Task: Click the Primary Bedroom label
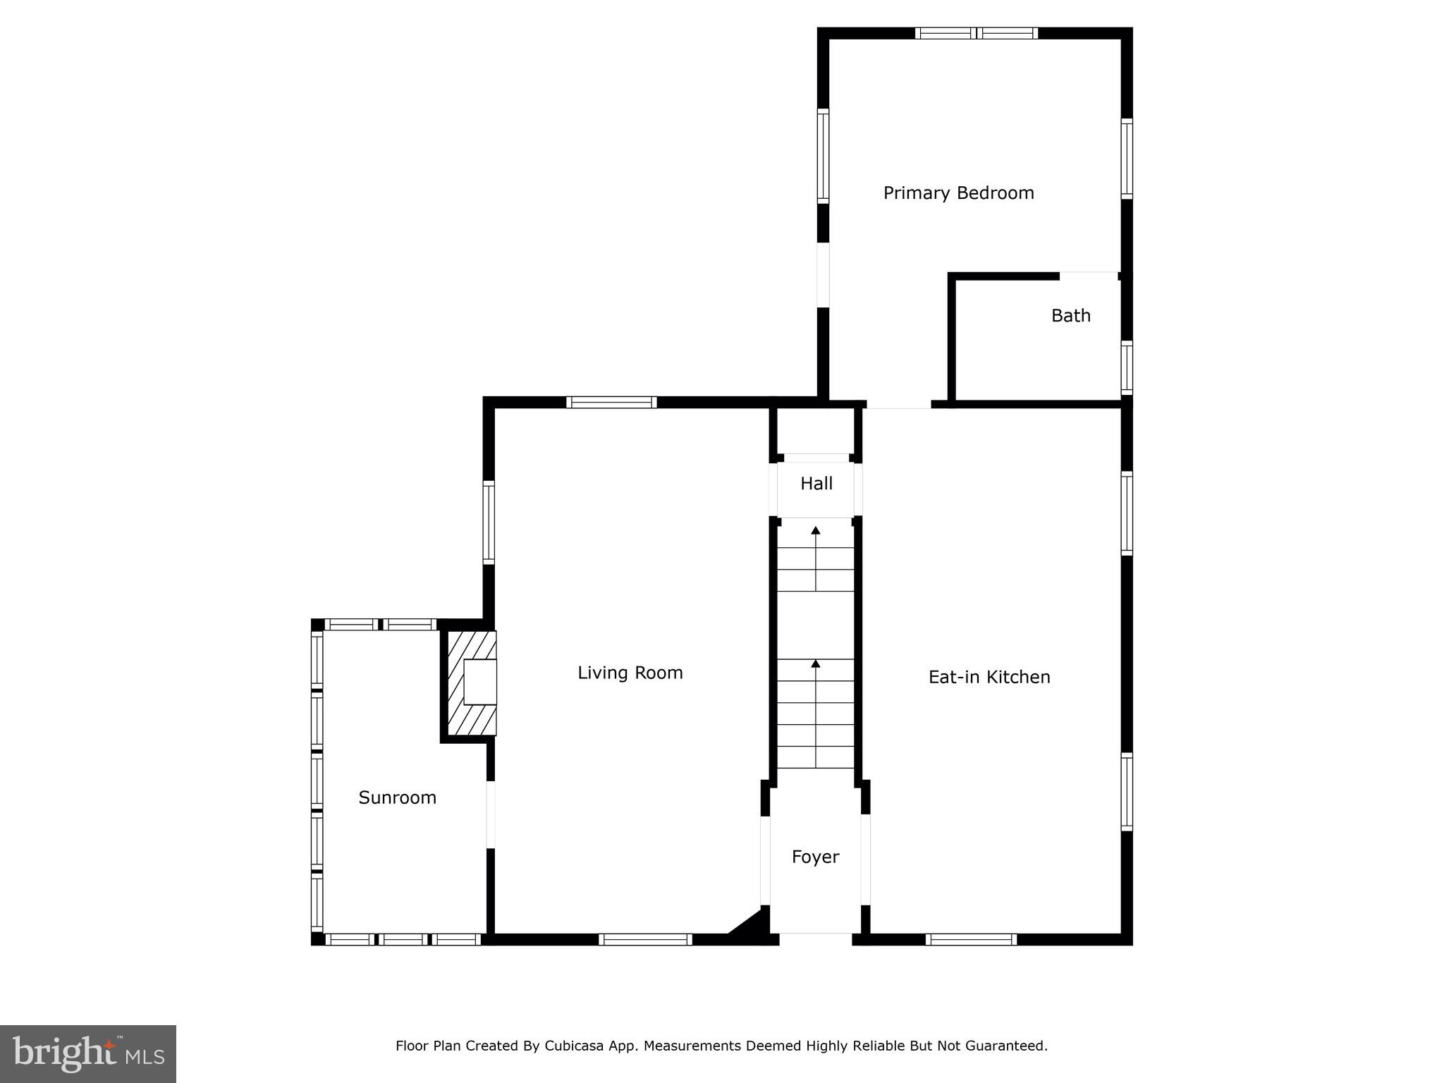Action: [958, 193]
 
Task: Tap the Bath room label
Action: [1070, 315]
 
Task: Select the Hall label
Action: [816, 484]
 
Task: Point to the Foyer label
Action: [815, 857]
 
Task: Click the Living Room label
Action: [630, 673]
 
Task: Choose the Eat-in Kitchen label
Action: [989, 677]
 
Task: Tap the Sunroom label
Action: [397, 797]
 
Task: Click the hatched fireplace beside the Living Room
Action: [471, 683]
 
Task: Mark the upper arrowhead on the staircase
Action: [816, 530]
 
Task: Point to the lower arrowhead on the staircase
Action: [816, 663]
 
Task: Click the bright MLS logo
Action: [88, 1054]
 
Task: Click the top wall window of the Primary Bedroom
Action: [977, 33]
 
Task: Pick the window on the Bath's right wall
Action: [1127, 367]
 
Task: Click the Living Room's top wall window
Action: [611, 403]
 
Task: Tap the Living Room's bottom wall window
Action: [645, 939]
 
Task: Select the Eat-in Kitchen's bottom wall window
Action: [971, 939]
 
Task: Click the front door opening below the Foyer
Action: [816, 939]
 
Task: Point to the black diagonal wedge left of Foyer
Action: [753, 924]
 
